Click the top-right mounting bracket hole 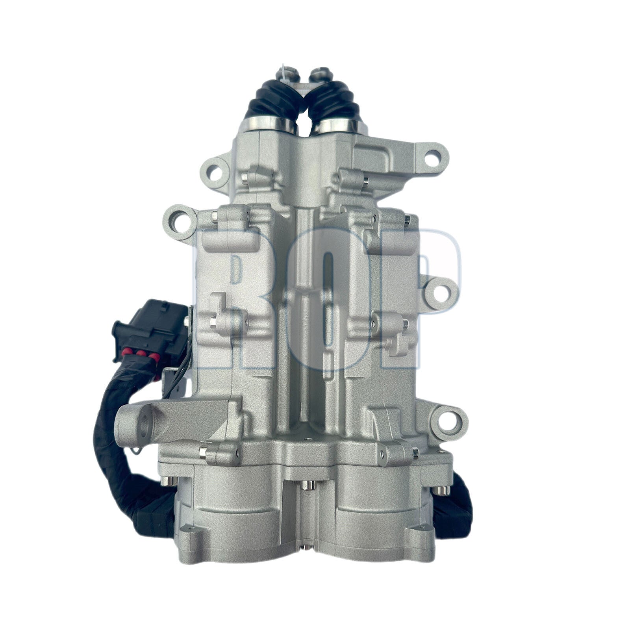pyautogui.click(x=432, y=156)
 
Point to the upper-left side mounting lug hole pyautogui.click(x=179, y=217)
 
